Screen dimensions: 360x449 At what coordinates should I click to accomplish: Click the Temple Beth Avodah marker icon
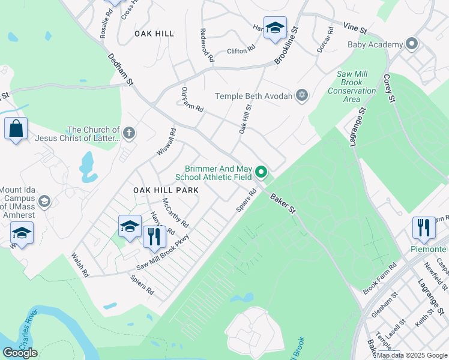tap(302, 96)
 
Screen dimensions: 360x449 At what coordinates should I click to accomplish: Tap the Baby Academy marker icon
tap(411, 45)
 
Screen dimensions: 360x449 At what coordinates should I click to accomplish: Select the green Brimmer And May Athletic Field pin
tap(261, 172)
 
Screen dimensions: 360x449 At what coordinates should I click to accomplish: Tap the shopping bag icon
tap(16, 128)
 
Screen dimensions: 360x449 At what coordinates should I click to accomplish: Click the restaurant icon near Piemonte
tap(424, 227)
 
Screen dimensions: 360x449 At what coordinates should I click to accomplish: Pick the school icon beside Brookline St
tap(275, 28)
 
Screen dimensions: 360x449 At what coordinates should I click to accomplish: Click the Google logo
tap(20, 353)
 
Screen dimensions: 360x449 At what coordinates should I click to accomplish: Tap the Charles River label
tap(26, 336)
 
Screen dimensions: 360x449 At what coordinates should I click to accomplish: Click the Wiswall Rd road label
tap(166, 142)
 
